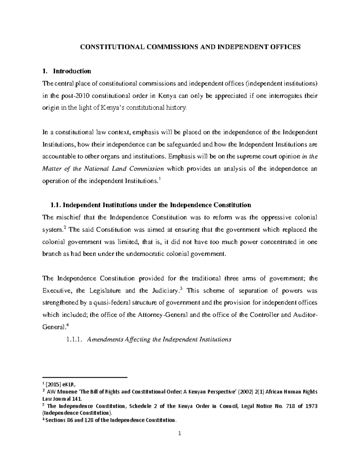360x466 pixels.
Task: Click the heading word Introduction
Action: point(72,71)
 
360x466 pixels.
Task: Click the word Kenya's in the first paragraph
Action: point(112,108)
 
